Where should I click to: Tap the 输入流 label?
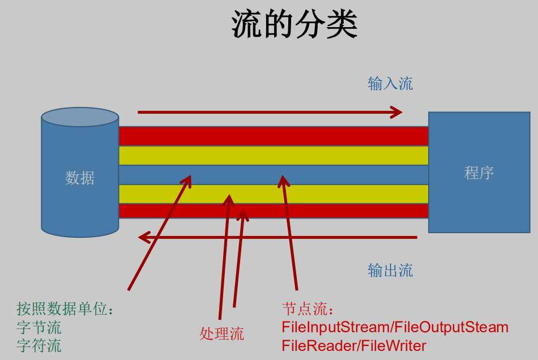(390, 84)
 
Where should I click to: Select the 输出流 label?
(390, 270)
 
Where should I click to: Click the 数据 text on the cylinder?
(80, 178)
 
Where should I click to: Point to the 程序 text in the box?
(479, 173)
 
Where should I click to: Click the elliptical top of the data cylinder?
(80, 117)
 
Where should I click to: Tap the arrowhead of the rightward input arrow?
(396, 112)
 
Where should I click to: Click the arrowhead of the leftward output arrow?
(145, 237)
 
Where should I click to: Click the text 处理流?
(221, 333)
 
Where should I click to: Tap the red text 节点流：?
(308, 309)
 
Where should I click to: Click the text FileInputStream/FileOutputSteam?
(395, 327)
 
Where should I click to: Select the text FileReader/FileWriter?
(354, 345)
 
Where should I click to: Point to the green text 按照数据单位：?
(65, 309)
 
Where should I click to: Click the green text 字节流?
(39, 327)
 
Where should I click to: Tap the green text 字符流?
(39, 345)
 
